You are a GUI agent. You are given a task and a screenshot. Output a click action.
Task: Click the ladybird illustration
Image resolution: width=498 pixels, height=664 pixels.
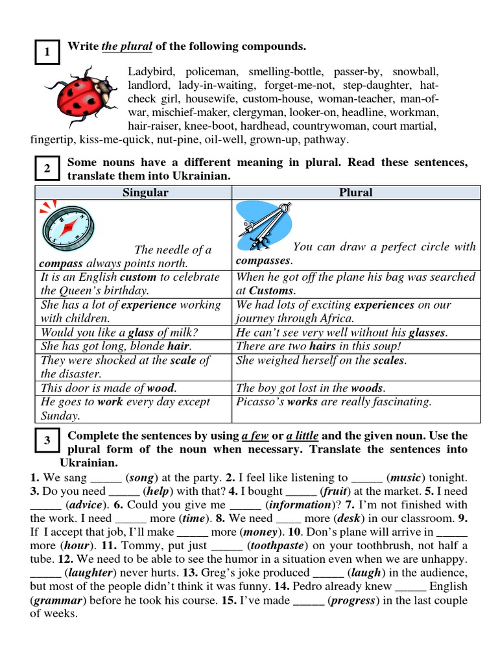(x=83, y=97)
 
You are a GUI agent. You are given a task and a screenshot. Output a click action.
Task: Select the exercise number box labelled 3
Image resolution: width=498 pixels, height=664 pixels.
(x=47, y=441)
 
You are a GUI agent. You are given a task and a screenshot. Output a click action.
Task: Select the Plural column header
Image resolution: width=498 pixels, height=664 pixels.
(x=356, y=193)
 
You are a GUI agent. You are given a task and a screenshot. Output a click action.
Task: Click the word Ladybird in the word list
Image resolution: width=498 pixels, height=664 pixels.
(x=152, y=72)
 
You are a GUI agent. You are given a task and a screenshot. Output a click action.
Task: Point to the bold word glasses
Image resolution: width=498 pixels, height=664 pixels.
(x=426, y=333)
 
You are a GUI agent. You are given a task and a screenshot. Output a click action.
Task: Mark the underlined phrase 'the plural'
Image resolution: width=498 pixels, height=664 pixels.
(x=127, y=46)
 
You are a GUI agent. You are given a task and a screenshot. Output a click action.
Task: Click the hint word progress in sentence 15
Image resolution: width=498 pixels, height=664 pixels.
(x=354, y=600)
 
